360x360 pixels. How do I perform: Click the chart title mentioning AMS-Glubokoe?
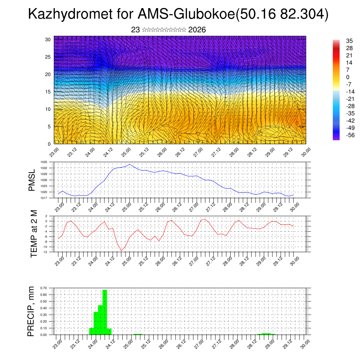tap(178, 14)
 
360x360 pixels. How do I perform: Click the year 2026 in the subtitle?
tap(197, 30)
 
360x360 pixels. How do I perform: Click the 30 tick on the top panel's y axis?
tap(48, 39)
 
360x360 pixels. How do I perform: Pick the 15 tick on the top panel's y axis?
tap(48, 92)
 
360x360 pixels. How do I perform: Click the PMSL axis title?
tap(32, 180)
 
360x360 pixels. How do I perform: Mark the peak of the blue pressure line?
tap(130, 164)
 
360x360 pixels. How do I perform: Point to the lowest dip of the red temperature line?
tap(121, 250)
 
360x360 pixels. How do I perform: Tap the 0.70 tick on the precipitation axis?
tap(44, 288)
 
